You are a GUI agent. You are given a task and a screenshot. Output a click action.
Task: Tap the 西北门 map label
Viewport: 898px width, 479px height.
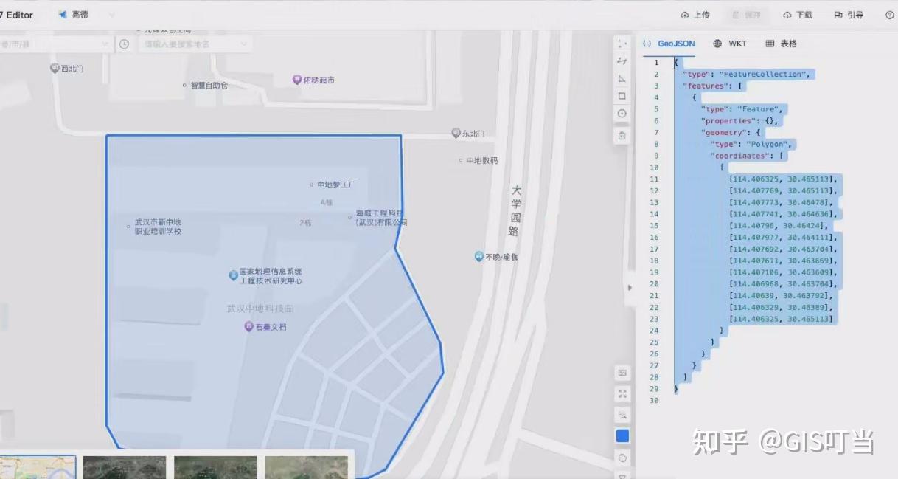72,69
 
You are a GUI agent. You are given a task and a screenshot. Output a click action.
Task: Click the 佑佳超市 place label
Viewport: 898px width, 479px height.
319,80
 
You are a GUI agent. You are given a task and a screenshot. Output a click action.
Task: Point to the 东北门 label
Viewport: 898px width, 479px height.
473,134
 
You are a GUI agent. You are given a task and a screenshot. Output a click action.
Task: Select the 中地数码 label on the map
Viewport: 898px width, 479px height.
482,160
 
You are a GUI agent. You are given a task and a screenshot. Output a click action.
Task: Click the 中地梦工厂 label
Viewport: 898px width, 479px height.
336,185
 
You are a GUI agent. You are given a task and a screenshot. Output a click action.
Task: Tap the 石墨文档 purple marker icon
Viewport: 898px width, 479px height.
249,326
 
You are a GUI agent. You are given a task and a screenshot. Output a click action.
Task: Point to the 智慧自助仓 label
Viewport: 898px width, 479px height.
209,86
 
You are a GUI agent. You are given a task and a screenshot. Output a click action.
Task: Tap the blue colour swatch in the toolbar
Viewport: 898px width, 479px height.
622,436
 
